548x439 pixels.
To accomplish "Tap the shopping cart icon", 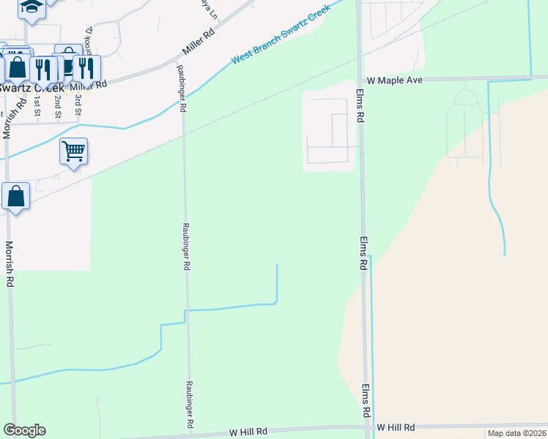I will pos(73,151).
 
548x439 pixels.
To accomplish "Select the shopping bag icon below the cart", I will pos(15,196).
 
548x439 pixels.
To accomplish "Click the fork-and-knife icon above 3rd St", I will pos(86,68).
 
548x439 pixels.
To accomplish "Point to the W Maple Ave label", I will pos(395,80).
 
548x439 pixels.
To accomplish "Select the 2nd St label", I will pos(58,106).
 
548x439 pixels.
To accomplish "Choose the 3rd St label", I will pos(78,106).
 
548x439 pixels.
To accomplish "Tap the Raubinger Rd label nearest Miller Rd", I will pos(181,89).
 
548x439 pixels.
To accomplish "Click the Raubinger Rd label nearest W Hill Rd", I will pos(189,404).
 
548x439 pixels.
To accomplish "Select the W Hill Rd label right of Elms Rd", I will pos(396,427).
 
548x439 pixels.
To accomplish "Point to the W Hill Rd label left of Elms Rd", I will pos(248,432).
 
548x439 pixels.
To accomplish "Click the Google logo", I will pos(24,430).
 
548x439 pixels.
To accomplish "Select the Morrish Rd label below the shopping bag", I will pos(10,263).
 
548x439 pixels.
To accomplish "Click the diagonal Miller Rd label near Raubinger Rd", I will pos(199,44).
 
